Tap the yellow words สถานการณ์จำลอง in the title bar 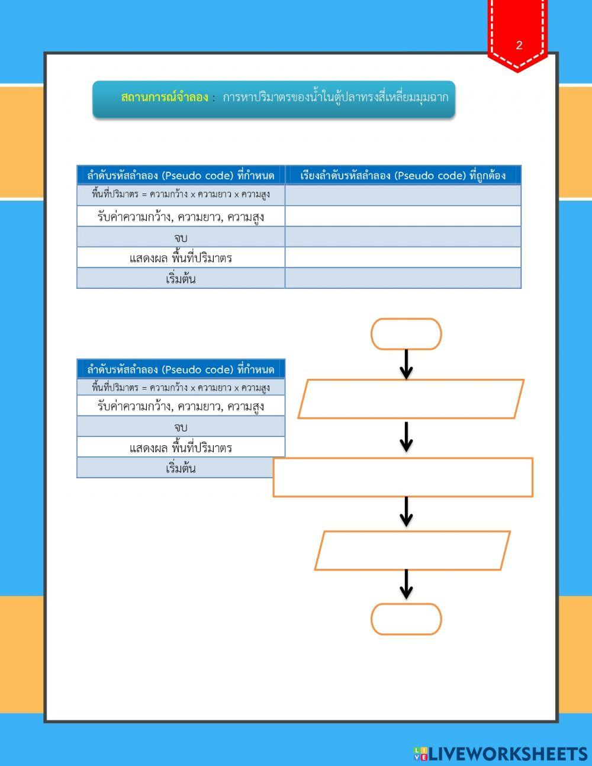pyautogui.click(x=164, y=98)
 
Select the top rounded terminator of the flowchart pyautogui.click(x=406, y=334)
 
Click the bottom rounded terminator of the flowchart pyautogui.click(x=406, y=619)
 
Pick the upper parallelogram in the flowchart pyautogui.click(x=411, y=399)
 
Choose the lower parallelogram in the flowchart pyautogui.click(x=412, y=551)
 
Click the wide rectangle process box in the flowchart pyautogui.click(x=403, y=477)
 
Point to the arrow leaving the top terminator pyautogui.click(x=406, y=364)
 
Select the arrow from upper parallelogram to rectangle pyautogui.click(x=406, y=437)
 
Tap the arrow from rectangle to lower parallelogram pyautogui.click(x=406, y=512)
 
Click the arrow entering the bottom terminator pyautogui.click(x=406, y=585)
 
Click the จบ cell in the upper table pyautogui.click(x=181, y=237)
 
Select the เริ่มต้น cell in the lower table pyautogui.click(x=181, y=468)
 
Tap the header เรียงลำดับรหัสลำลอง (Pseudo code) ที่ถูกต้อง pyautogui.click(x=403, y=175)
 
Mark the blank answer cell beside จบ pyautogui.click(x=403, y=237)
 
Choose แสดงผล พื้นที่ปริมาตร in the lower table pyautogui.click(x=181, y=448)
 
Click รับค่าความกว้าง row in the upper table pyautogui.click(x=181, y=217)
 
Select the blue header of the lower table pyautogui.click(x=181, y=369)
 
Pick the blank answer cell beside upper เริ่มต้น pyautogui.click(x=403, y=278)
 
